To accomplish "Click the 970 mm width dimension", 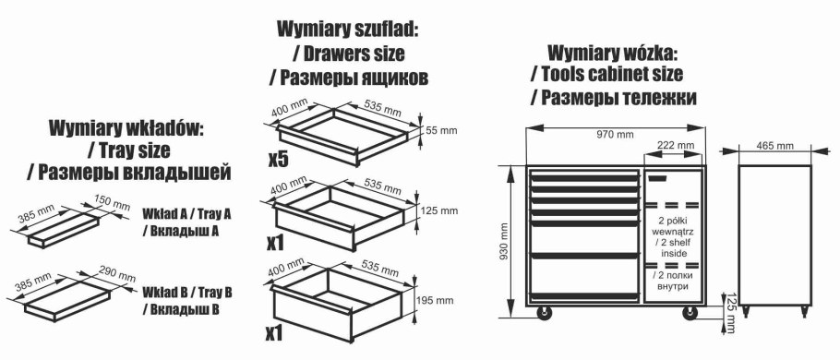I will click(615, 135).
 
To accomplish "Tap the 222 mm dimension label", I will click(676, 146).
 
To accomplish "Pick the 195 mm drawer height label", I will click(441, 300).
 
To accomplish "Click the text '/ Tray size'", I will click(129, 149).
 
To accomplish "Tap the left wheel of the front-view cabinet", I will click(545, 314).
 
